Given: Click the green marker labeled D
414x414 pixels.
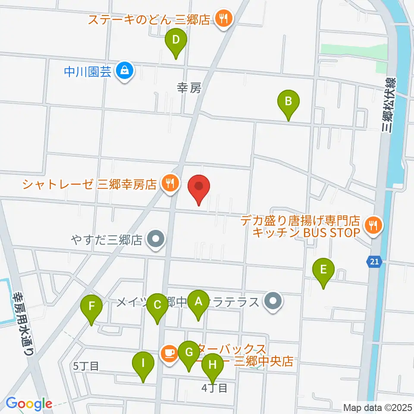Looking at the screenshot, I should coord(176,41).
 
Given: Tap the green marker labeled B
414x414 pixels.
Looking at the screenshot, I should coord(289,102).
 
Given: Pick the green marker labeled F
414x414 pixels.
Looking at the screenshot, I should coord(91,307).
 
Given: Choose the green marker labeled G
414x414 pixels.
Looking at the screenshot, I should coord(188,353).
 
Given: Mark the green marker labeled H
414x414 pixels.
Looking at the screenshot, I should coord(213,365).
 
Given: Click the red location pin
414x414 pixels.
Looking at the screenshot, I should coord(199,187).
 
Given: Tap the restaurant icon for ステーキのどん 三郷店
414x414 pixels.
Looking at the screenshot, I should coord(223,19).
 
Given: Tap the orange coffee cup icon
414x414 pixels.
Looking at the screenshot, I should coord(168,353).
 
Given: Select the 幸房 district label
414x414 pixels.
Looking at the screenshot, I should coord(189,88).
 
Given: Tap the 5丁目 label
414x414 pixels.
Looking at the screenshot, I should coord(86,366).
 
